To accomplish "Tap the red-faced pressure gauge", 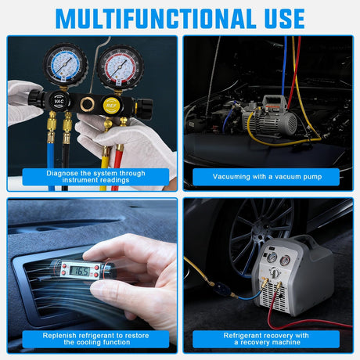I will pos(118,65).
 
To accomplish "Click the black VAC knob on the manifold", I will pos(59,101).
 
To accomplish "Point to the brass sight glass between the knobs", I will pos(86,103).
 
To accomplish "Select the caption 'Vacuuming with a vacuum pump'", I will pos(266,177).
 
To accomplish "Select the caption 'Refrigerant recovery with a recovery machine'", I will pos(265,338).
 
